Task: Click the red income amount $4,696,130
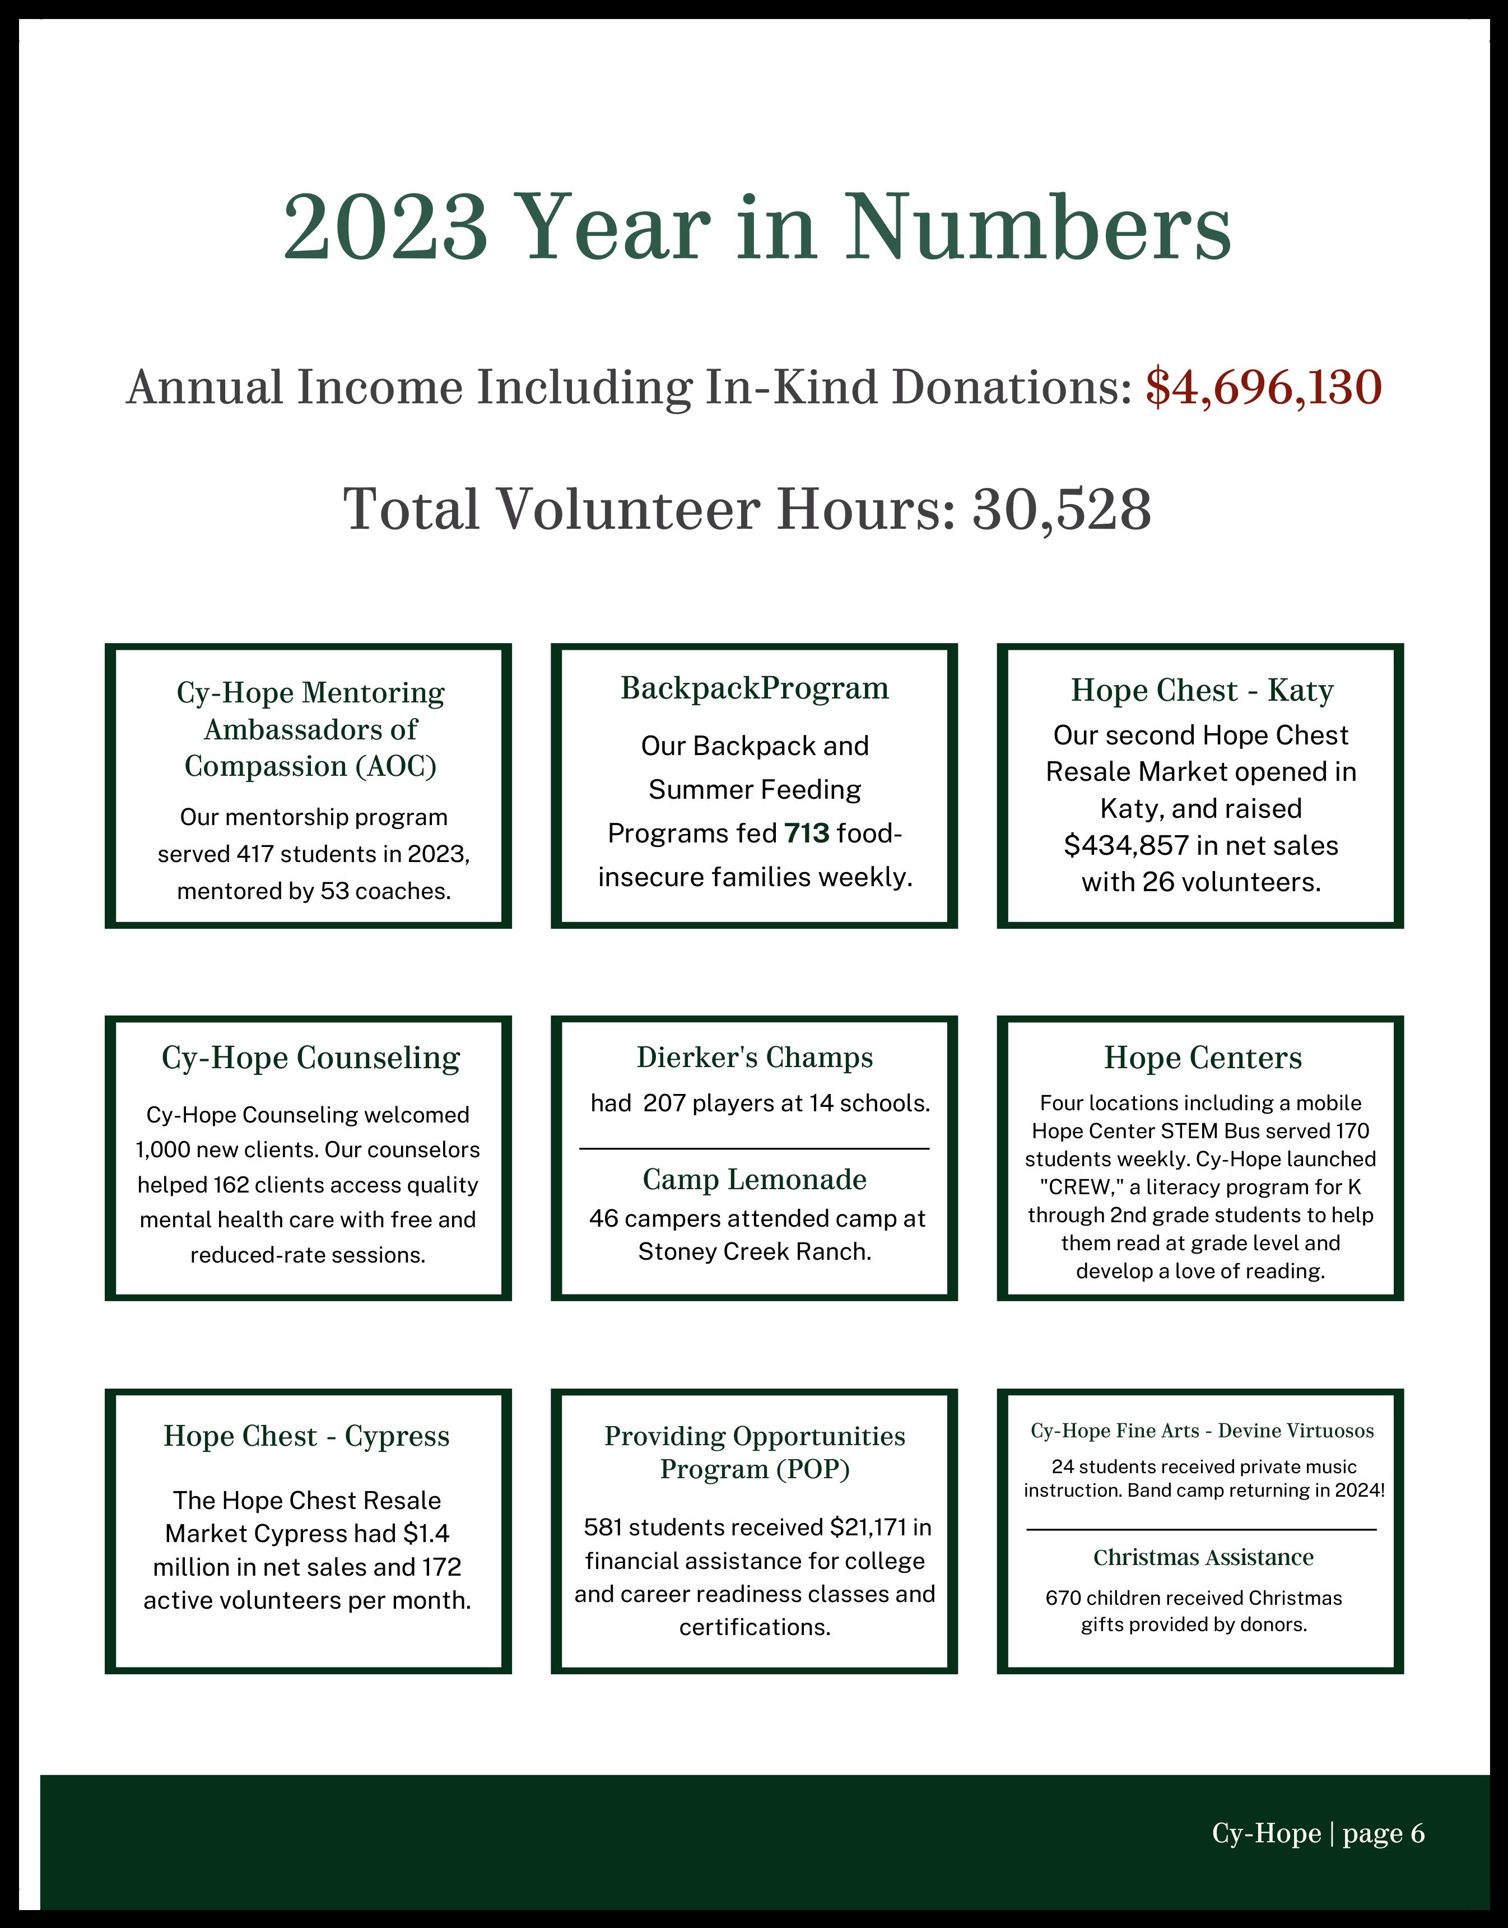point(1263,388)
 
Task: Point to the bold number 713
point(806,832)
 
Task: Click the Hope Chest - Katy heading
point(1201,690)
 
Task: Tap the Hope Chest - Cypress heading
point(306,1436)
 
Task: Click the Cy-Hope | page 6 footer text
point(1318,1833)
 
